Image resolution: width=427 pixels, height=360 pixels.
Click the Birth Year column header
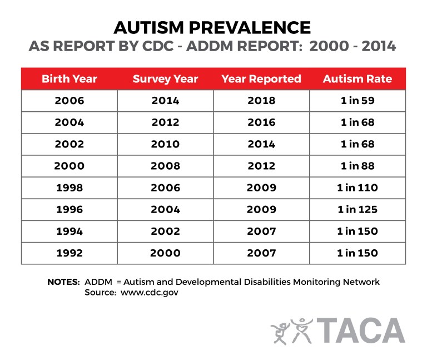(69, 79)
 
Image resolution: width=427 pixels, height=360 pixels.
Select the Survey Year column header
(165, 79)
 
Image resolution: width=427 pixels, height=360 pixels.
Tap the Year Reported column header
(261, 79)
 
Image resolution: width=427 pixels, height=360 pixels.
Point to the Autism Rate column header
(357, 79)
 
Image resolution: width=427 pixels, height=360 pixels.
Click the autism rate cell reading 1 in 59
(357, 101)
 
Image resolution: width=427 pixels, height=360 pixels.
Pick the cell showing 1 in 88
(357, 166)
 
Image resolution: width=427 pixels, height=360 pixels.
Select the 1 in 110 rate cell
(357, 188)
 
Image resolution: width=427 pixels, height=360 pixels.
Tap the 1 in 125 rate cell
(357, 209)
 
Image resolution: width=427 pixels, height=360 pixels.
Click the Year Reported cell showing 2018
(261, 101)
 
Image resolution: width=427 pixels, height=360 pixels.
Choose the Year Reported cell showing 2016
(261, 122)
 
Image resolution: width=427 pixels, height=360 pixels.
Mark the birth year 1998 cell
(69, 188)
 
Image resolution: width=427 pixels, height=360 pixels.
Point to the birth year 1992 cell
(69, 253)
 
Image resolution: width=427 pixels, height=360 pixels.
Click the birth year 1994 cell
(69, 231)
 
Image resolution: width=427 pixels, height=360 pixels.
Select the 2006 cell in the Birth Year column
(69, 101)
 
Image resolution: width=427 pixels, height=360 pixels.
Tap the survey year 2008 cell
(165, 166)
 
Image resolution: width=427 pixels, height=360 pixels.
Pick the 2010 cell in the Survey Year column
(165, 144)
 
